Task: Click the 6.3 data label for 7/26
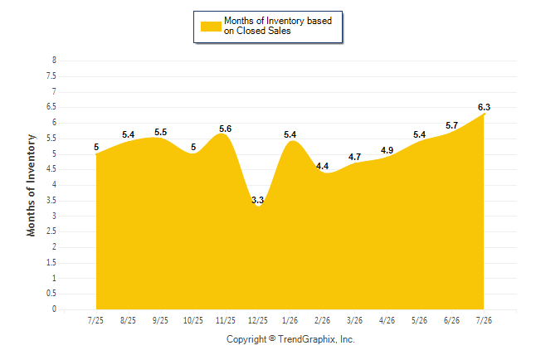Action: pos(484,107)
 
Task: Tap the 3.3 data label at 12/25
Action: pos(257,200)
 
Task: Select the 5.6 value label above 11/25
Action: pos(226,129)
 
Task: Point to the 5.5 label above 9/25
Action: pos(160,133)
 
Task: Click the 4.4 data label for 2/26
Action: pos(322,166)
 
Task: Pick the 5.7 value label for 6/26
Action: pos(451,126)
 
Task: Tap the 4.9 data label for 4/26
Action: pos(387,150)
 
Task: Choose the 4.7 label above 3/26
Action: pos(354,157)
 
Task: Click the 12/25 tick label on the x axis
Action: pos(258,320)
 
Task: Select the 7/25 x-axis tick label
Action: pos(95,320)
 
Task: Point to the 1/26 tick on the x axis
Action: pos(290,320)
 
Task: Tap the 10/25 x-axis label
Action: pos(193,320)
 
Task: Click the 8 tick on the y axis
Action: pos(54,61)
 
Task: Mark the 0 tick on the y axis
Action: pos(54,309)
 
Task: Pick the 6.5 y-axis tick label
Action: pos(51,107)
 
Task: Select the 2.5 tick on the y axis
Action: pos(51,231)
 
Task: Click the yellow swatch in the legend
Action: pos(211,27)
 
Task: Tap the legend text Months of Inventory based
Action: pos(278,21)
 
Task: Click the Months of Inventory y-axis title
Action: pos(31,185)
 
